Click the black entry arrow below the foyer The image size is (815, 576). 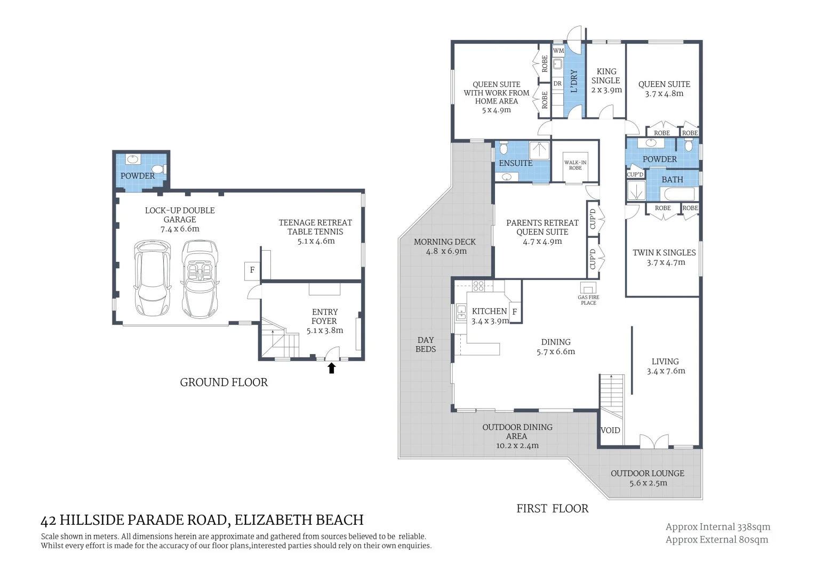331,368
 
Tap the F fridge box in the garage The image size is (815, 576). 252,270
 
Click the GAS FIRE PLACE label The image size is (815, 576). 588,300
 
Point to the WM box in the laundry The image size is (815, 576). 558,51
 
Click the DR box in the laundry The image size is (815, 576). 557,84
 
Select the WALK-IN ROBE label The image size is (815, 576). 575,165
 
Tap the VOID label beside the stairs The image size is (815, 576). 610,430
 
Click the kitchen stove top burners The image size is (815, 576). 478,286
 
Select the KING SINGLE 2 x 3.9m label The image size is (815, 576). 606,81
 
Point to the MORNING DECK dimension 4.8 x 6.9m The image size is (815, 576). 446,251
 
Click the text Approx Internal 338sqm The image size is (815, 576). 717,527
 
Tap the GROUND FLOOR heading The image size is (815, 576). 223,382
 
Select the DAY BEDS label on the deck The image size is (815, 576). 426,345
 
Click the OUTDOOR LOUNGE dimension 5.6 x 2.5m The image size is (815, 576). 648,483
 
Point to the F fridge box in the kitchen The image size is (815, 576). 515,312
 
